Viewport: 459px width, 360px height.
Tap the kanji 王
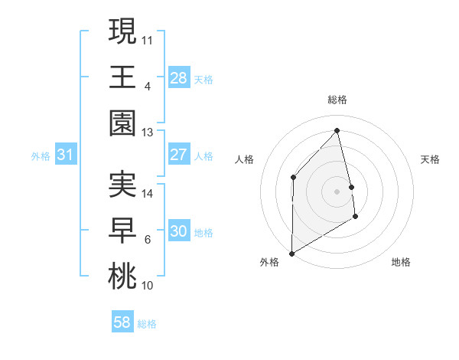pyautogui.click(x=122, y=77)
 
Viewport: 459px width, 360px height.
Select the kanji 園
pyautogui.click(x=122, y=123)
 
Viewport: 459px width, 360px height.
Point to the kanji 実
pyautogui.click(x=122, y=185)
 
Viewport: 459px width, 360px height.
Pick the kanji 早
pyautogui.click(x=122, y=231)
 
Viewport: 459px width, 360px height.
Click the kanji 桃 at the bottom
pyautogui.click(x=122, y=277)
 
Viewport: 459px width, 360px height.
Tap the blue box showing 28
pyautogui.click(x=178, y=77)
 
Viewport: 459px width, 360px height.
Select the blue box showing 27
pyautogui.click(x=178, y=155)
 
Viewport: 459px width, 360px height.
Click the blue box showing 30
pyautogui.click(x=178, y=231)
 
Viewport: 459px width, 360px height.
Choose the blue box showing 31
pyautogui.click(x=66, y=155)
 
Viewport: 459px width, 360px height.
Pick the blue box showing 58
pyautogui.click(x=122, y=322)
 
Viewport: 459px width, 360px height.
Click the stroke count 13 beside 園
pyautogui.click(x=147, y=133)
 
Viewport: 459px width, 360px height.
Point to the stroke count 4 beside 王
pyautogui.click(x=147, y=86)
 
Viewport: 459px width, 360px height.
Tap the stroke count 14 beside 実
pyautogui.click(x=148, y=194)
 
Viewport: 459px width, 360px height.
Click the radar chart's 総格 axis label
pyautogui.click(x=337, y=100)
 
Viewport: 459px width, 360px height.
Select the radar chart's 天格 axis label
pyautogui.click(x=430, y=159)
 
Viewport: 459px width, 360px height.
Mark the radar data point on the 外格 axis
pyautogui.click(x=291, y=253)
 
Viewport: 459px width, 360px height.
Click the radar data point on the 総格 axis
pyautogui.click(x=337, y=130)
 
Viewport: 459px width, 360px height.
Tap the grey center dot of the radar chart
pyautogui.click(x=337, y=191)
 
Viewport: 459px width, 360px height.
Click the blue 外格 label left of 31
pyautogui.click(x=41, y=155)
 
